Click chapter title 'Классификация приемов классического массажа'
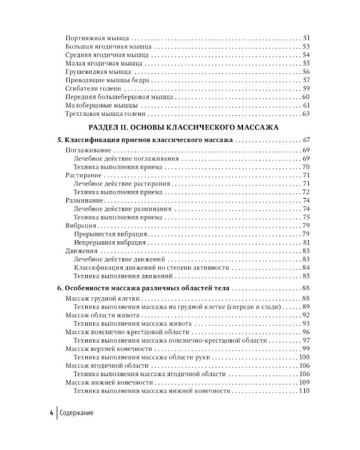tap(149, 140)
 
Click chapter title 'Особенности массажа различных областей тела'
tap(150, 289)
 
